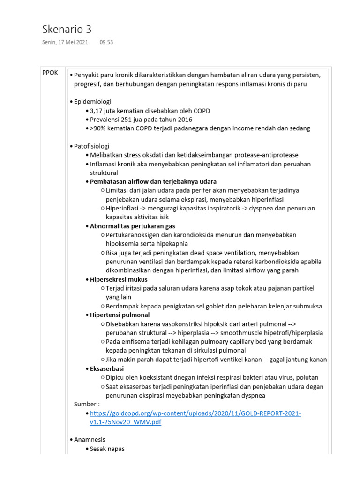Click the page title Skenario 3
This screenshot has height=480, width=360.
(x=67, y=29)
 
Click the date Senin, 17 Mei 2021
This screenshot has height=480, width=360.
(x=65, y=42)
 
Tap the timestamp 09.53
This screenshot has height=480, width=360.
(x=106, y=42)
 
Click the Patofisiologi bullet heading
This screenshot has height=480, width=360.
(x=91, y=146)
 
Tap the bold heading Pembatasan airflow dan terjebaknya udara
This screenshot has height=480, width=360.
(x=153, y=181)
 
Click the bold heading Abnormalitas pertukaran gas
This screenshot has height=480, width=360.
(x=133, y=226)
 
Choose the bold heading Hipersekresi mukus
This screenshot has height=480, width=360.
(x=119, y=279)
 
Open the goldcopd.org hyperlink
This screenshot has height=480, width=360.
(x=195, y=413)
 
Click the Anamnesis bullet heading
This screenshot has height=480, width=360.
(x=90, y=440)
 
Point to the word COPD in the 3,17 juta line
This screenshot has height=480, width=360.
(x=202, y=111)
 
